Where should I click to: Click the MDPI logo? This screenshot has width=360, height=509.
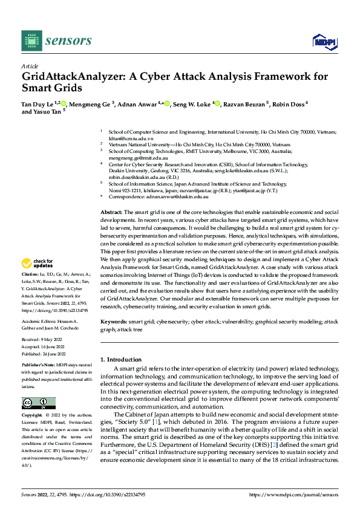[x=323, y=41]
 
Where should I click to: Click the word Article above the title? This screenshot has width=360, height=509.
[x=30, y=65]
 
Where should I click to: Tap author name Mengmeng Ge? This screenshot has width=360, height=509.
[x=91, y=104]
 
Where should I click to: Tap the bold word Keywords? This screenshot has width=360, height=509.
[x=113, y=322]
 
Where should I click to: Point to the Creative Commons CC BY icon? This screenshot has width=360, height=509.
[x=38, y=403]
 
